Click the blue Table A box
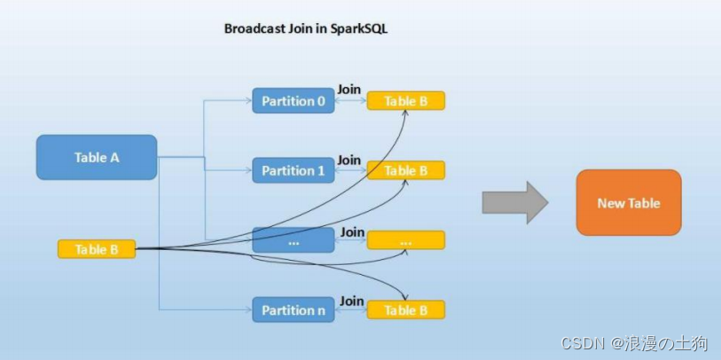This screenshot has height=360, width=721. [x=97, y=157]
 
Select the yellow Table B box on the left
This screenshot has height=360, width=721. [x=97, y=249]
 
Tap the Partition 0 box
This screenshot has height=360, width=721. [x=294, y=100]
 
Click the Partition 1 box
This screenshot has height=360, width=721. [x=294, y=170]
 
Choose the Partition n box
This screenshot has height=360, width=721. [x=294, y=310]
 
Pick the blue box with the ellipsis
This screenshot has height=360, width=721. [x=294, y=239]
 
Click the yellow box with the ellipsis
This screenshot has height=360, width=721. [x=405, y=240]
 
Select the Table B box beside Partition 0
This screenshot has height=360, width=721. [x=405, y=101]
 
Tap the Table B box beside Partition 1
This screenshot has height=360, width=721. [x=405, y=170]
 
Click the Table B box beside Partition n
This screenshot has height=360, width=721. [x=405, y=310]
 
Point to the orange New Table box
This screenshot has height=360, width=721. [x=628, y=203]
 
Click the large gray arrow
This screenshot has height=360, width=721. [x=514, y=203]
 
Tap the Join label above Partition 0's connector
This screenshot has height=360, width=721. [x=349, y=90]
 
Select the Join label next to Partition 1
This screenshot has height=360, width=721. [x=349, y=160]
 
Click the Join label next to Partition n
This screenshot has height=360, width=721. [x=351, y=301]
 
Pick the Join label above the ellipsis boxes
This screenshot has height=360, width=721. [x=352, y=231]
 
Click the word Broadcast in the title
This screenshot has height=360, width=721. [x=254, y=28]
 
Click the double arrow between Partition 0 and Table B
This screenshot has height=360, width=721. [x=350, y=101]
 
